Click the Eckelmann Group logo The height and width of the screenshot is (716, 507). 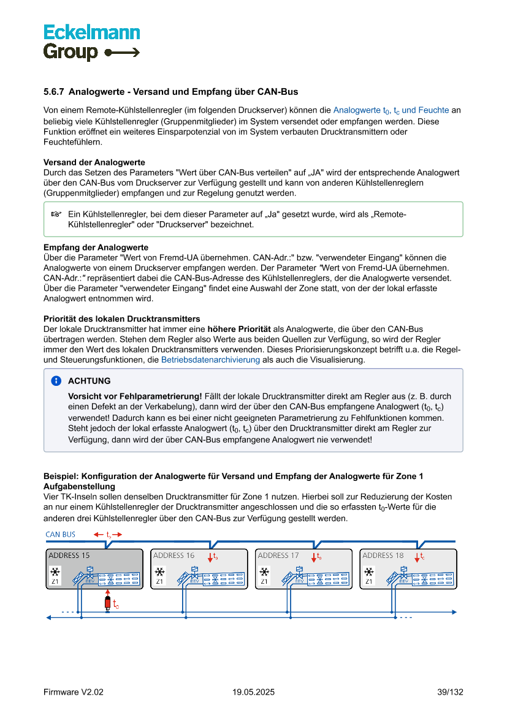[x=91, y=42]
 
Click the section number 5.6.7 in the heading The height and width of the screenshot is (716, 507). [x=53, y=92]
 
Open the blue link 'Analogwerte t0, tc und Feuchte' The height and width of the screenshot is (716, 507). [x=391, y=110]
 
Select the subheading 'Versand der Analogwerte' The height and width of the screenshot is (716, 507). [x=94, y=162]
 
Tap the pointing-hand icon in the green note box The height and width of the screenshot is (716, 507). [x=56, y=214]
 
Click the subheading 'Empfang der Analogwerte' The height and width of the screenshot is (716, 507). [x=96, y=247]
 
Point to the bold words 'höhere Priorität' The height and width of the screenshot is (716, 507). [x=237, y=329]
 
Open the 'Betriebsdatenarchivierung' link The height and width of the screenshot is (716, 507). [x=210, y=360]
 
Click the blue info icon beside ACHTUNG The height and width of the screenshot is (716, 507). [x=56, y=380]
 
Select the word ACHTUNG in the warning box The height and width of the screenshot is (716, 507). [x=90, y=381]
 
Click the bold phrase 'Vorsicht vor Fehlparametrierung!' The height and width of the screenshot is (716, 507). [x=135, y=396]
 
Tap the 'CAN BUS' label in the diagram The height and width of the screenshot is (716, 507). [x=61, y=534]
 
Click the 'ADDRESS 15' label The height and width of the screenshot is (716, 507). [x=69, y=556]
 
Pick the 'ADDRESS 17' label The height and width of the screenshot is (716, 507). [x=278, y=556]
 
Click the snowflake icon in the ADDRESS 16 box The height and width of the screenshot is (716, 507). [x=159, y=572]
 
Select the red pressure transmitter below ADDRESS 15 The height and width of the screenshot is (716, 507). [x=108, y=603]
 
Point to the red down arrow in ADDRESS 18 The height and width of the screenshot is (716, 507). [x=416, y=557]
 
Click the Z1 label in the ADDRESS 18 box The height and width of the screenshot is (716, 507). [x=368, y=581]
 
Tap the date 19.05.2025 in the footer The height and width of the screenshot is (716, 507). [x=253, y=692]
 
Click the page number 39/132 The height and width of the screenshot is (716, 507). [x=450, y=692]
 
